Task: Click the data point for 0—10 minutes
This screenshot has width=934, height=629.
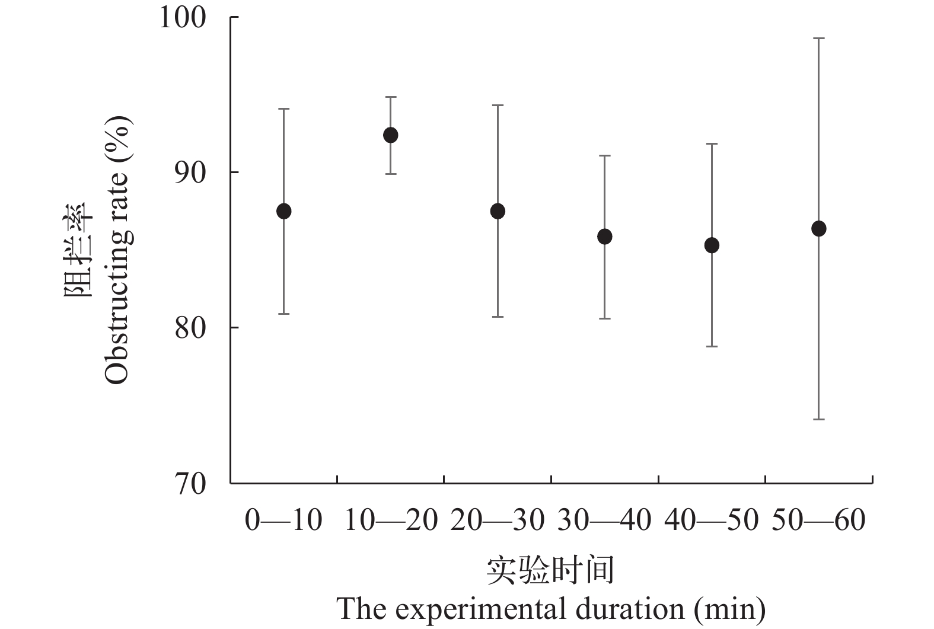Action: pyautogui.click(x=284, y=211)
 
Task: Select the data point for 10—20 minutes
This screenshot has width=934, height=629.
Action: pyautogui.click(x=391, y=135)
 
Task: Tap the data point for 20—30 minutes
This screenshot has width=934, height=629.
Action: pyautogui.click(x=498, y=211)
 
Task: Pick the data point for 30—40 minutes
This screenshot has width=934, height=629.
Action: pyautogui.click(x=605, y=237)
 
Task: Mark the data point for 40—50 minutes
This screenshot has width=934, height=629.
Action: pyautogui.click(x=712, y=245)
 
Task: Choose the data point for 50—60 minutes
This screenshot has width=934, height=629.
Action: pyautogui.click(x=819, y=228)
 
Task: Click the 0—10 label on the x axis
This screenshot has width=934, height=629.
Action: pyautogui.click(x=283, y=521)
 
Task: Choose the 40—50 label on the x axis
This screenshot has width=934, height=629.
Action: pyautogui.click(x=711, y=521)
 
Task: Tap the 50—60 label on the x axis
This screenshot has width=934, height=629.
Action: pyautogui.click(x=818, y=521)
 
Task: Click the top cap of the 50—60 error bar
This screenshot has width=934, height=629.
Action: pyautogui.click(x=819, y=38)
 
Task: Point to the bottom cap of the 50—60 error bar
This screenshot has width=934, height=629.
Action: pyautogui.click(x=819, y=419)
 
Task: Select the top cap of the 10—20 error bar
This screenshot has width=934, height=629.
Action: pyautogui.click(x=391, y=97)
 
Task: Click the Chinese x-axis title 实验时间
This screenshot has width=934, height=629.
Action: pyautogui.click(x=550, y=570)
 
